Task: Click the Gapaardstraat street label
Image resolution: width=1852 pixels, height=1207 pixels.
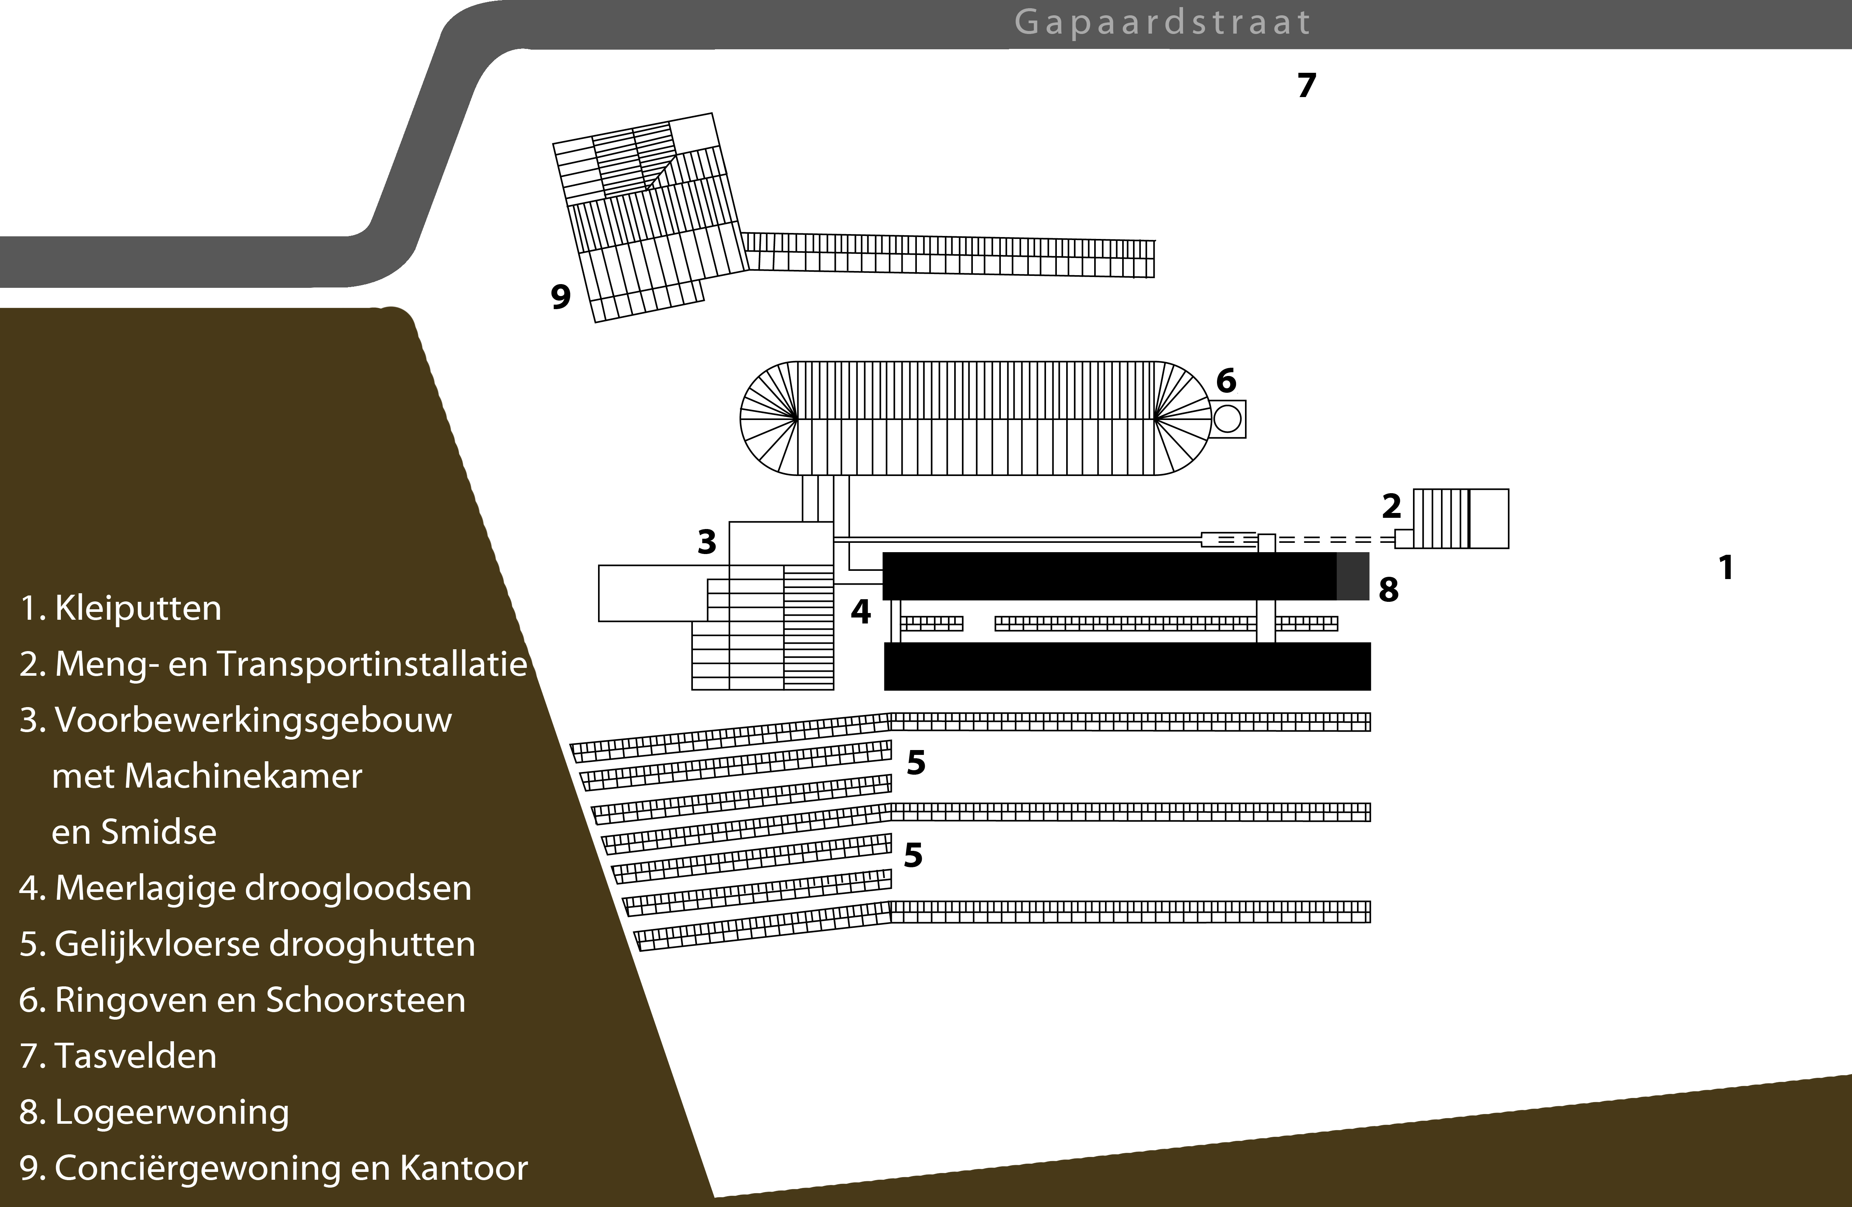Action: [1162, 22]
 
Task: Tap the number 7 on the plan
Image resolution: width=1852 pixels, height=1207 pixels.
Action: [1307, 85]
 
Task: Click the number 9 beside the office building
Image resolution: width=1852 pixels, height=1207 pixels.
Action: [560, 296]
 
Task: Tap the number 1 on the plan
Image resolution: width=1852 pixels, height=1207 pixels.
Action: [1726, 567]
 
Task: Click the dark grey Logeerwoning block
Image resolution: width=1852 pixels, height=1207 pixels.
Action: [1353, 576]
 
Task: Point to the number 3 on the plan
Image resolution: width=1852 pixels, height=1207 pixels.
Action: [707, 542]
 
